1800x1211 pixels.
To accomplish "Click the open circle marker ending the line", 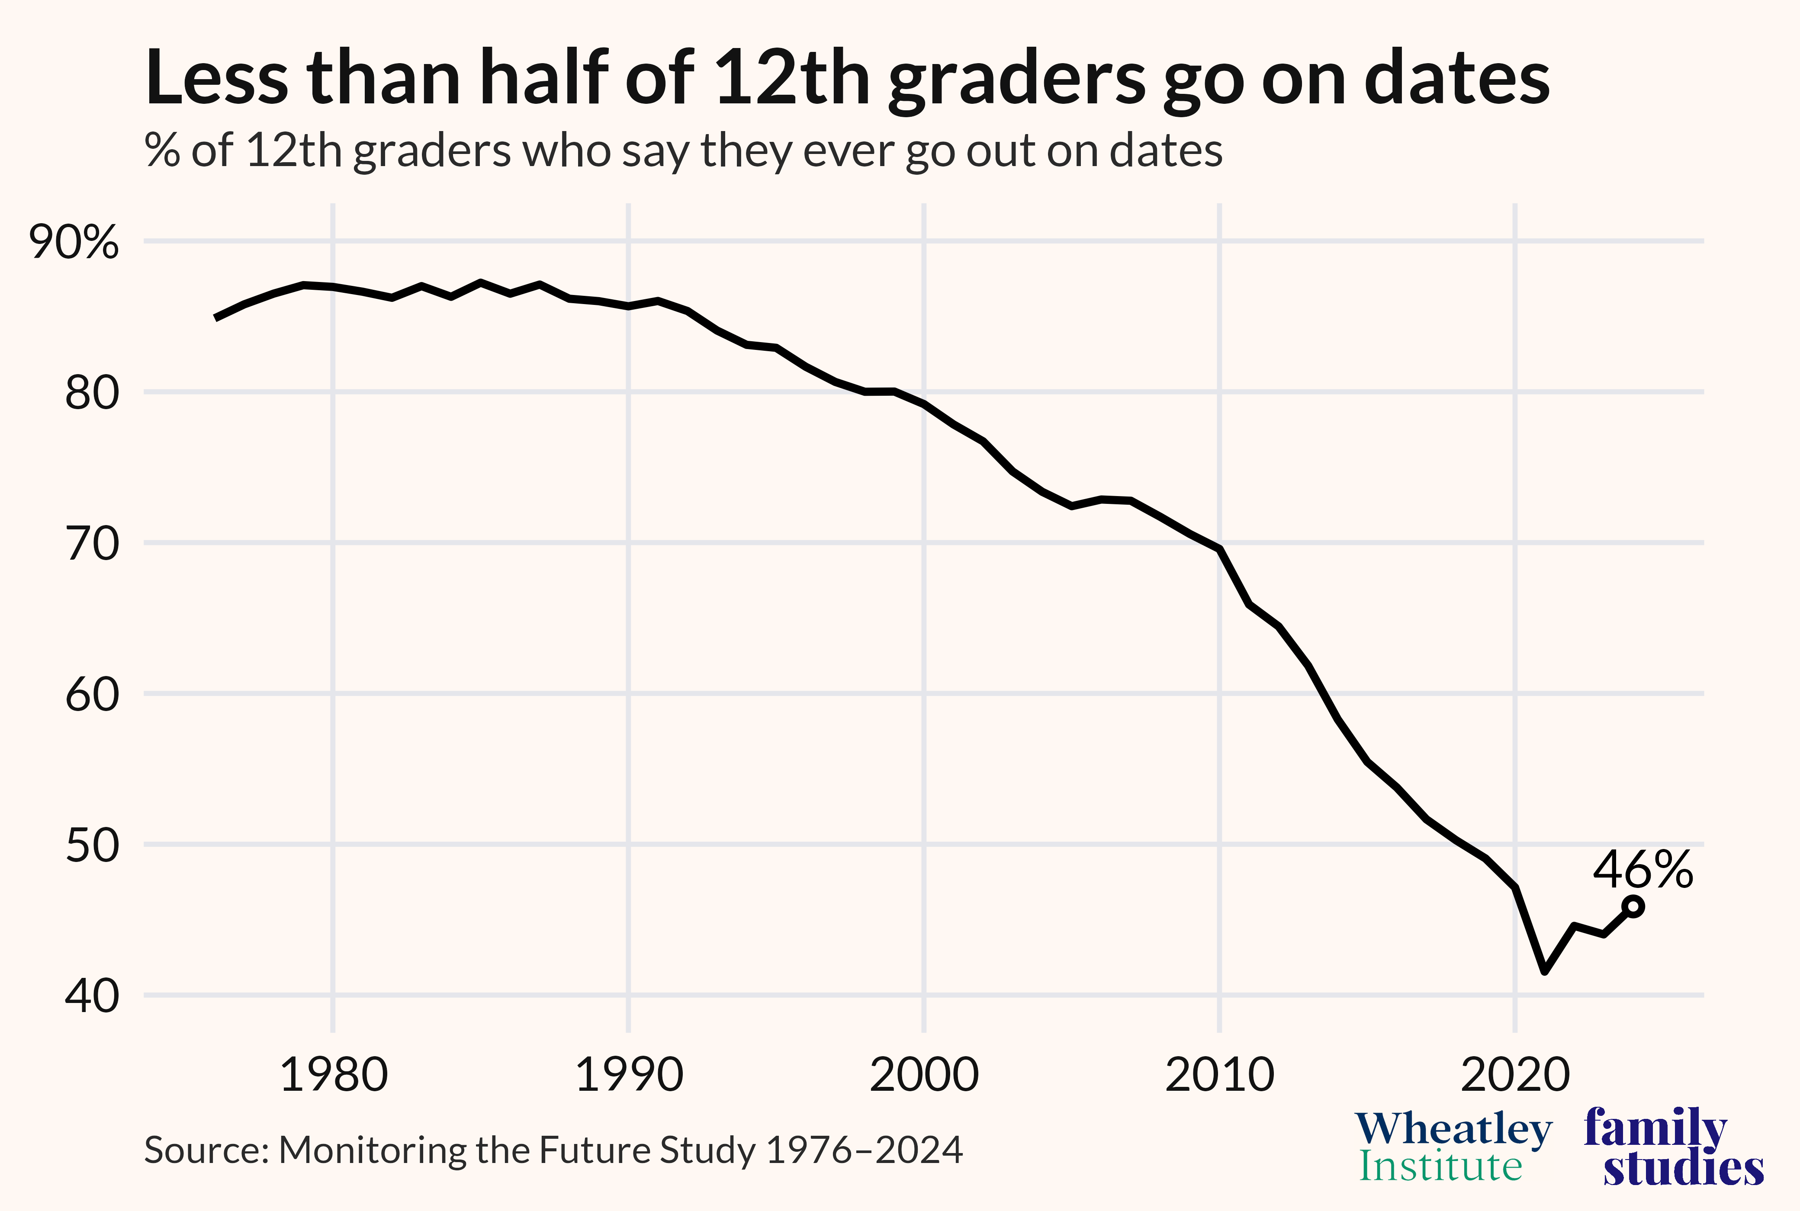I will point(1633,907).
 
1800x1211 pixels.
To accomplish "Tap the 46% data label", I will point(1642,870).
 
